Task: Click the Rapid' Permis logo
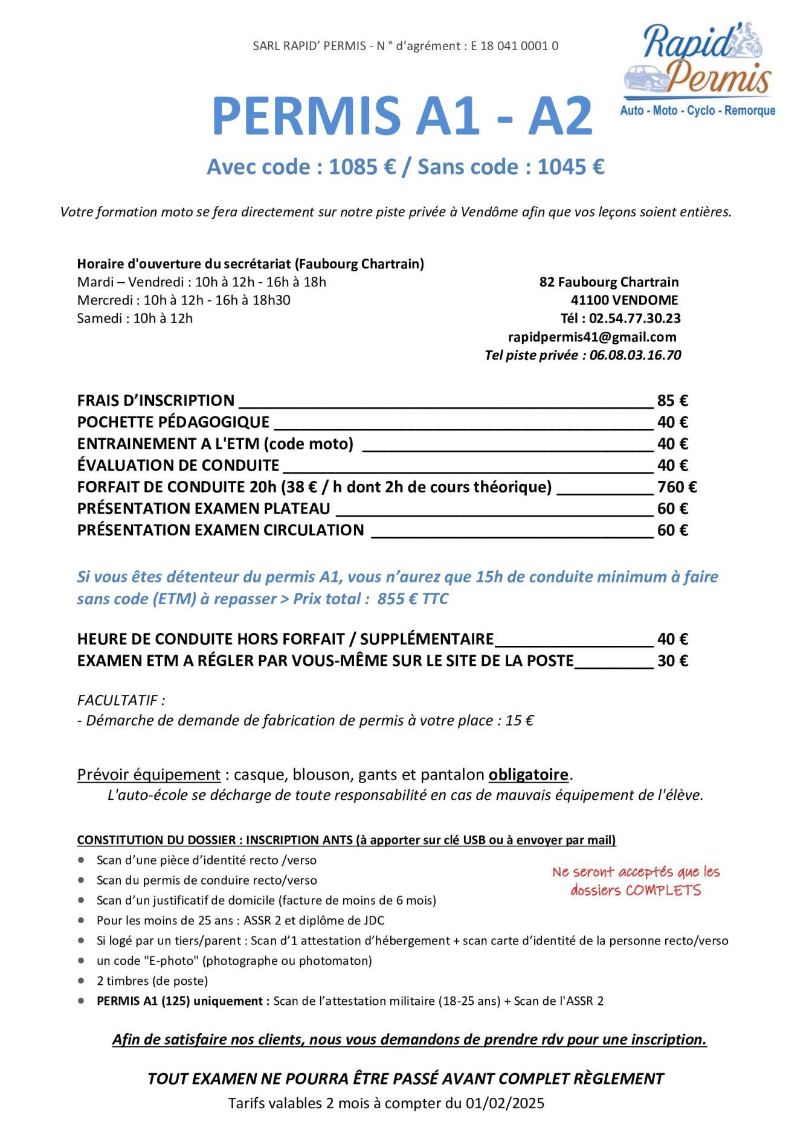coord(698,69)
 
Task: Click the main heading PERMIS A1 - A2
coord(402,117)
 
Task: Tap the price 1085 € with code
coord(362,167)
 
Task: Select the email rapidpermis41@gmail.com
coord(592,337)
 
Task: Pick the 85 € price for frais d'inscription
coord(672,401)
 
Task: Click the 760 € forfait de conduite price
coord(677,487)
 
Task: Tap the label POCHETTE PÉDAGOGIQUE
coord(173,422)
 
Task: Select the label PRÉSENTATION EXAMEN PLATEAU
coord(204,509)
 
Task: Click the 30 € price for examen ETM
coord(672,660)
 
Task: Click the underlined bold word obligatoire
coord(529,775)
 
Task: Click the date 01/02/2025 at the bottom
coord(504,1103)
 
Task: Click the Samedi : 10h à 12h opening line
coord(135,318)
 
